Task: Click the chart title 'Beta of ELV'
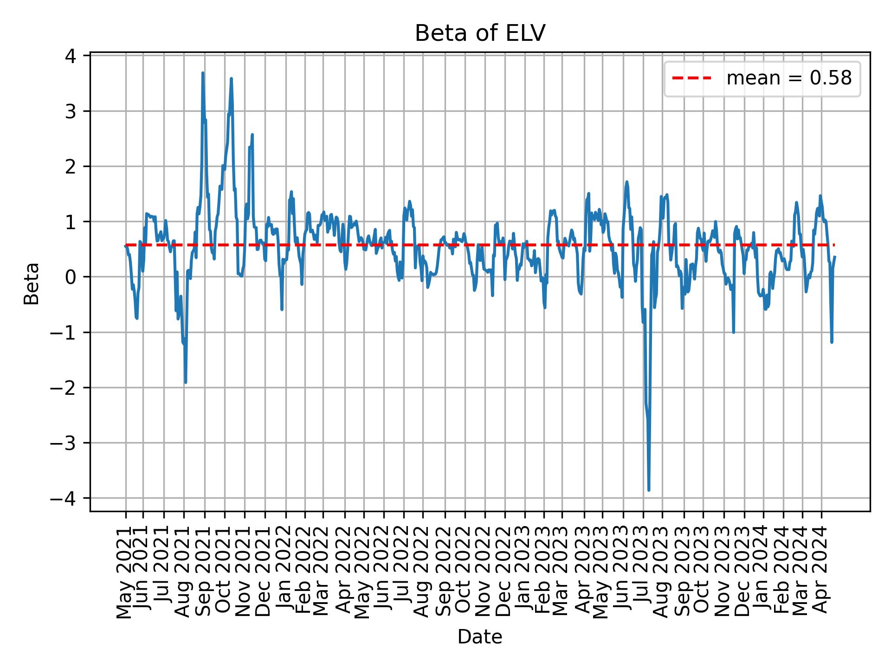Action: [479, 33]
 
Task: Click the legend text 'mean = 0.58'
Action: [789, 78]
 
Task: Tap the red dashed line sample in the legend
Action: [691, 78]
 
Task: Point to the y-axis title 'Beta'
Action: [32, 283]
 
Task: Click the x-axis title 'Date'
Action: [479, 637]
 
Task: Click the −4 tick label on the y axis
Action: [65, 498]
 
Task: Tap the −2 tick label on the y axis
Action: [65, 388]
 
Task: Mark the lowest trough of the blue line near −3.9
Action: [649, 490]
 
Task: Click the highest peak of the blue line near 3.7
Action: [203, 73]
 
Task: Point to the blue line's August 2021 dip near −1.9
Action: [186, 382]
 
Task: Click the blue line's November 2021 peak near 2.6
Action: [252, 135]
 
